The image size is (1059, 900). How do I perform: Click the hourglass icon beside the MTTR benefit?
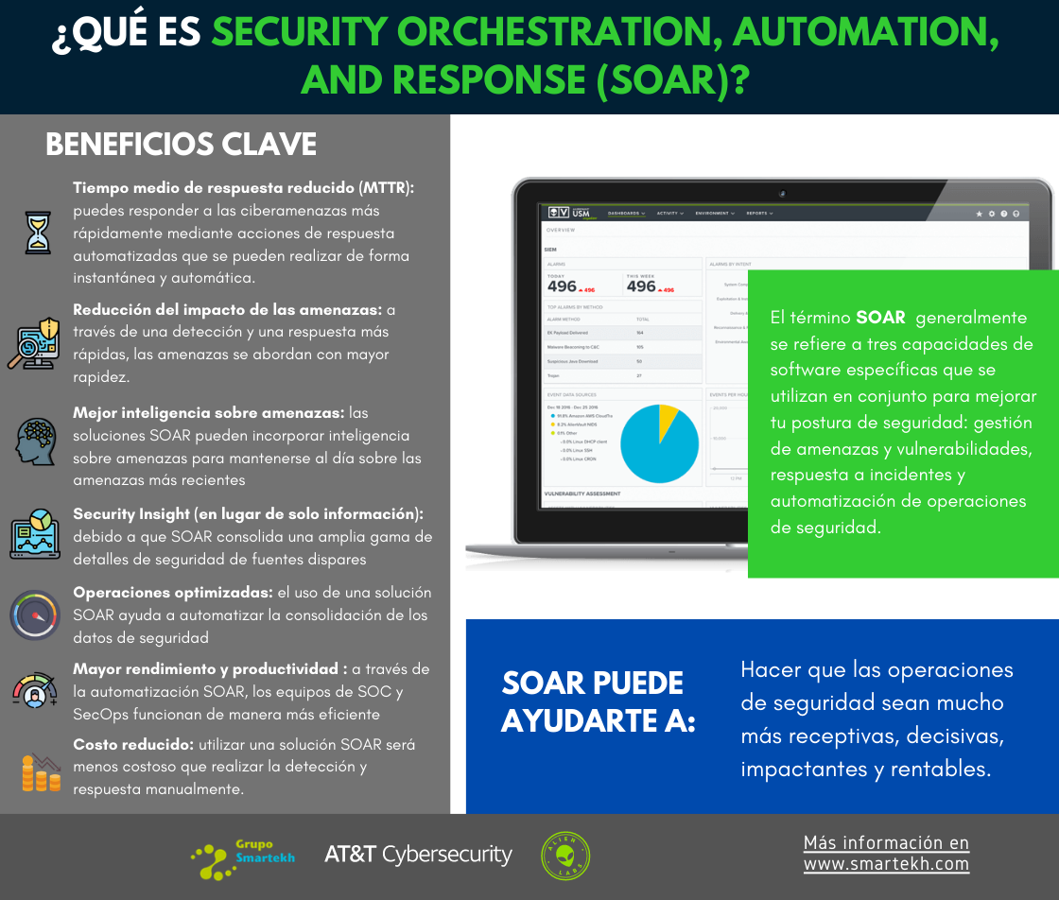[x=38, y=233]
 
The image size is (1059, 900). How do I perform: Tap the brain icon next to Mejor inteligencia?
[x=37, y=440]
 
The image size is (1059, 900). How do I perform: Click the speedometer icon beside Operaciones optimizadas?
[x=36, y=615]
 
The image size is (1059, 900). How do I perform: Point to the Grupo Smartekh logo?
[x=242, y=856]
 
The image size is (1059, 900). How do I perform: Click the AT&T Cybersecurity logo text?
[x=418, y=855]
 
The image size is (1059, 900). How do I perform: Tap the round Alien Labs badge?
[x=565, y=856]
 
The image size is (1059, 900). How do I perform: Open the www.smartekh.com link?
[x=886, y=864]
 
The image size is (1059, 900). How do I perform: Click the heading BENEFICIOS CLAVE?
[x=181, y=145]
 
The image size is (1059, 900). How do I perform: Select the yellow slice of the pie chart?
[x=668, y=417]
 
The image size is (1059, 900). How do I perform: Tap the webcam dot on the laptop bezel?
[x=782, y=193]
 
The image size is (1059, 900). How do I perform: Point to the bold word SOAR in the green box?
[x=880, y=318]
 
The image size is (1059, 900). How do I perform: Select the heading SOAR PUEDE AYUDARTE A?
[x=598, y=701]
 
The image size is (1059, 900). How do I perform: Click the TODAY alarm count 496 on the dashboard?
[x=562, y=286]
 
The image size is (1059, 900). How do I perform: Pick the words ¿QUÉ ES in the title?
[x=127, y=35]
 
